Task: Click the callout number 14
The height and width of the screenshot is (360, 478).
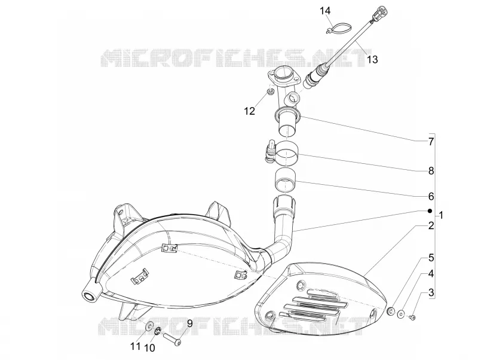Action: (x=325, y=11)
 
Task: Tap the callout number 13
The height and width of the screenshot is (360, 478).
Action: (x=372, y=59)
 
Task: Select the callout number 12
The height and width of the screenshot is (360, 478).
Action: (x=249, y=111)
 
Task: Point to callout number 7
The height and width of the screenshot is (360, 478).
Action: (x=431, y=142)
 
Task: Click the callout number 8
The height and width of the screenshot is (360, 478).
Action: (x=431, y=171)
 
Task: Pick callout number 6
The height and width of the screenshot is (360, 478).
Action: (x=431, y=197)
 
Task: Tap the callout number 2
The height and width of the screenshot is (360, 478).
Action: (x=431, y=226)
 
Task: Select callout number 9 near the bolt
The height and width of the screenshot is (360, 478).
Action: (x=189, y=324)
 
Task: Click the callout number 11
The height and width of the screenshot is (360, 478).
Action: (x=136, y=346)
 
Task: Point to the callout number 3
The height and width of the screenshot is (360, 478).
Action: (x=431, y=293)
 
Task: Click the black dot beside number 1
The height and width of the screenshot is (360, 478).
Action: (x=430, y=211)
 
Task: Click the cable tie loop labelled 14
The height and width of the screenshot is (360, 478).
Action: (x=338, y=28)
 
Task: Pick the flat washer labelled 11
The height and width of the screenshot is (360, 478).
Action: (x=149, y=325)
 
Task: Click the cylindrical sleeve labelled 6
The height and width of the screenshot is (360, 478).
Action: (x=286, y=181)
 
